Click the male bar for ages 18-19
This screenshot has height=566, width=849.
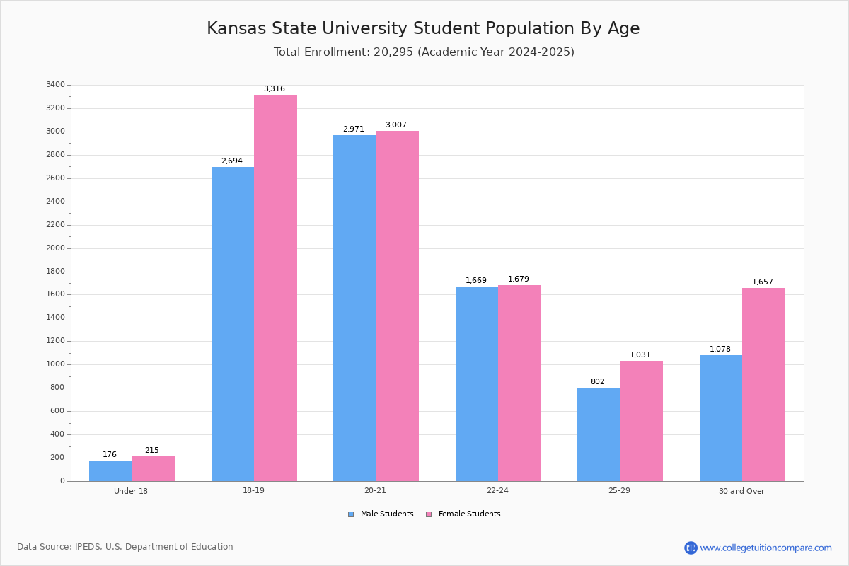click(x=233, y=324)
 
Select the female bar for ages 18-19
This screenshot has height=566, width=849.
click(x=275, y=288)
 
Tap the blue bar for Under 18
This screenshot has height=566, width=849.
click(x=110, y=470)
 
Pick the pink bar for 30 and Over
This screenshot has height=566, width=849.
click(x=763, y=384)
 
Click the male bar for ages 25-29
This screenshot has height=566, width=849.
click(x=599, y=434)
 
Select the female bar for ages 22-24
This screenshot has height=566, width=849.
click(x=519, y=383)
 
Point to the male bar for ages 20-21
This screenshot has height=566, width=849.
click(x=354, y=308)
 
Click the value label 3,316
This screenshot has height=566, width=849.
click(x=275, y=89)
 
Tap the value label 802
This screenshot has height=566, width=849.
click(x=598, y=382)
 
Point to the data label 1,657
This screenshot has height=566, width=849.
click(x=763, y=282)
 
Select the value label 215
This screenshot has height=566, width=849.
click(x=152, y=451)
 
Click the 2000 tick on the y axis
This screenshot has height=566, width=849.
click(x=56, y=248)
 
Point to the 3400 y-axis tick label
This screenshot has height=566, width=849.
click(x=56, y=85)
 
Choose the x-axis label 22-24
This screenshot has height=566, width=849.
click(x=497, y=491)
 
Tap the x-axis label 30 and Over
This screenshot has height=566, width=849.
click(x=741, y=491)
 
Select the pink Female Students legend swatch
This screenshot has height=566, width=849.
click(x=429, y=514)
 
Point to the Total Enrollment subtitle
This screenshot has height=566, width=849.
click(x=424, y=52)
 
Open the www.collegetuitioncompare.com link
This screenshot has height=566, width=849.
click(x=766, y=548)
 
